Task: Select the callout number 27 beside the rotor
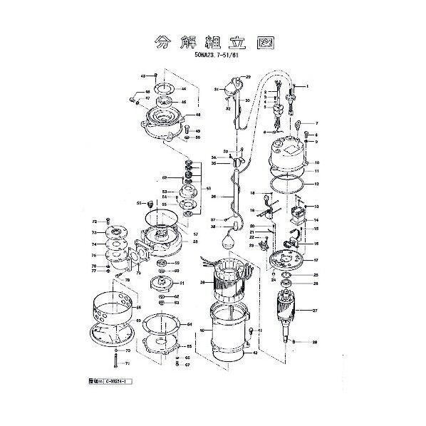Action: coord(315,311)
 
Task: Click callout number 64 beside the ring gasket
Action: coord(190,324)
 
